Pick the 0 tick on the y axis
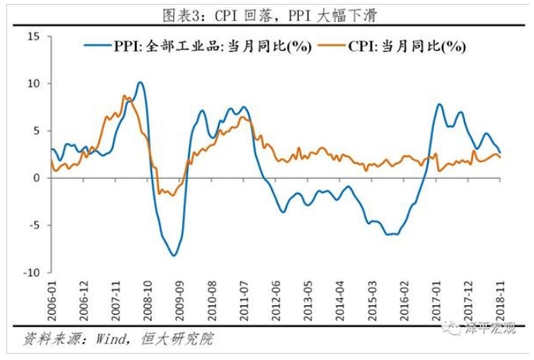pyautogui.click(x=36, y=178)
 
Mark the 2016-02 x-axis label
pyautogui.click(x=404, y=300)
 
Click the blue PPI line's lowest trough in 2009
pyautogui.click(x=173, y=255)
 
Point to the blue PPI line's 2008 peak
pyautogui.click(x=140, y=82)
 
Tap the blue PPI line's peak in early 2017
pyautogui.click(x=439, y=105)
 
